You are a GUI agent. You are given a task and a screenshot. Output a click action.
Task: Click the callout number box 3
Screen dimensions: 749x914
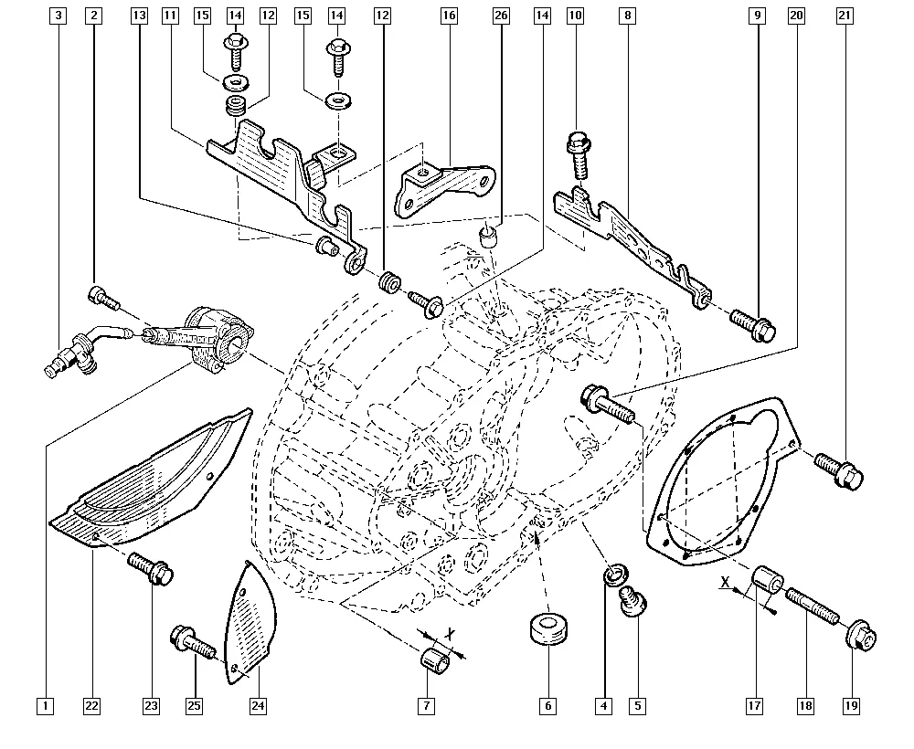(x=59, y=15)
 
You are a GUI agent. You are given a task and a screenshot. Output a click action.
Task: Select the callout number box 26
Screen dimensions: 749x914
(x=500, y=15)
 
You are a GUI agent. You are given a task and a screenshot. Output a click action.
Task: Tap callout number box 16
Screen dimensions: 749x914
(x=448, y=15)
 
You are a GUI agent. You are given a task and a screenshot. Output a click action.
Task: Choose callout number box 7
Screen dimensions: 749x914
(x=426, y=705)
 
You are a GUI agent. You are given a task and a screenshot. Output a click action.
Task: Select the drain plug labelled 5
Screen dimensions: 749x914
(x=630, y=603)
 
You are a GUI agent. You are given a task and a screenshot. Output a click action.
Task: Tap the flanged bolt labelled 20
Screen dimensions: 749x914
(x=605, y=404)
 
